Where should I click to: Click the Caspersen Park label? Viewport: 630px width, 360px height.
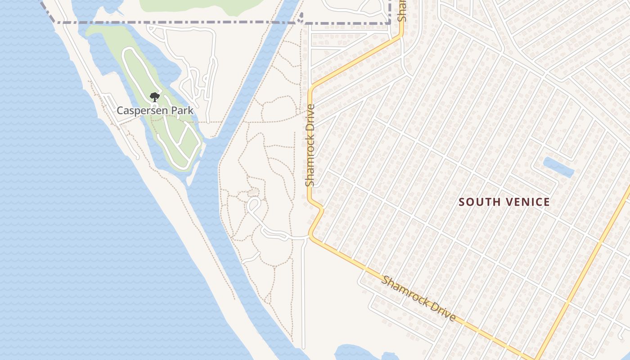(x=155, y=110)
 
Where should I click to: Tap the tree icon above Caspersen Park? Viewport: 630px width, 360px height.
(x=155, y=97)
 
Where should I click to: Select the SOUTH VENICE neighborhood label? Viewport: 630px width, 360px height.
(x=504, y=202)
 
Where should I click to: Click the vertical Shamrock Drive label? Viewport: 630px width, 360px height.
(x=310, y=145)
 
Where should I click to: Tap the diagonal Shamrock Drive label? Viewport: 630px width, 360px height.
(x=418, y=298)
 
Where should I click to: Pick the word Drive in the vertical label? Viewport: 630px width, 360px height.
(x=310, y=118)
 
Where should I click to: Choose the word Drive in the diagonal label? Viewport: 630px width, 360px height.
(x=444, y=311)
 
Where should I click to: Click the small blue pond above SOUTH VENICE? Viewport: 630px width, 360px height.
(x=558, y=167)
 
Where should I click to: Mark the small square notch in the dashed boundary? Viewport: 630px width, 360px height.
(x=301, y=17)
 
